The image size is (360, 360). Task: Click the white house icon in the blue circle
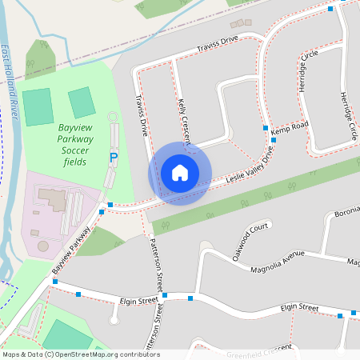(180, 173)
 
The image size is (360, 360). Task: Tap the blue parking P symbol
(113, 159)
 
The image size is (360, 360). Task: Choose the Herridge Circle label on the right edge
(349, 116)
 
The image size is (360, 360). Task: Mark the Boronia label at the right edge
(347, 214)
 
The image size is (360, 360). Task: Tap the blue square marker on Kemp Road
(273, 140)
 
